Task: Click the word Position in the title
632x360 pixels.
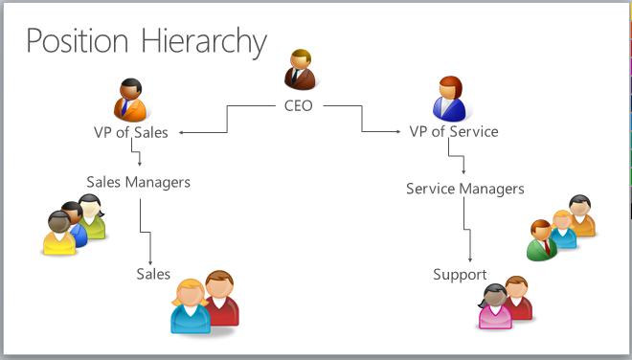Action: tap(78, 41)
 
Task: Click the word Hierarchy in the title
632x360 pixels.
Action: tap(204, 42)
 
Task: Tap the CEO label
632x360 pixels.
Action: tap(298, 105)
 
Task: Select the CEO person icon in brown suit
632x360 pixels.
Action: tap(300, 69)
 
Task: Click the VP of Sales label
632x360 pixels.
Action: tap(131, 132)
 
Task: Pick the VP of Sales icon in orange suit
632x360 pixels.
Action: tap(130, 100)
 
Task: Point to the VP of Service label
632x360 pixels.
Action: tap(454, 131)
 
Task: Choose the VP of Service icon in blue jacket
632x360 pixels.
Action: tap(449, 99)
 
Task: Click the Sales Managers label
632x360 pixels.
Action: tap(138, 182)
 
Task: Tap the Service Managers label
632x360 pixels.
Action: tap(465, 189)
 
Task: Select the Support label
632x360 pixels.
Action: tap(460, 275)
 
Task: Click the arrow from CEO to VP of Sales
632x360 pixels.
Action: tap(227, 119)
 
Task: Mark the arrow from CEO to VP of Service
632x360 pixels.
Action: tap(362, 119)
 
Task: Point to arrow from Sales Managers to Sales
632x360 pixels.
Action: tap(146, 232)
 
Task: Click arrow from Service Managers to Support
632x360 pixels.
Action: tap(467, 230)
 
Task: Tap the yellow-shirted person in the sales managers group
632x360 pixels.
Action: tap(59, 234)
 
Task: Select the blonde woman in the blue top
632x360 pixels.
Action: tap(191, 306)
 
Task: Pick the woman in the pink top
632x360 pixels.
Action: tap(494, 306)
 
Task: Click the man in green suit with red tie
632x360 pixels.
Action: tap(542, 240)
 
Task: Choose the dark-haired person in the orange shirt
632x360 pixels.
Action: tap(582, 215)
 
